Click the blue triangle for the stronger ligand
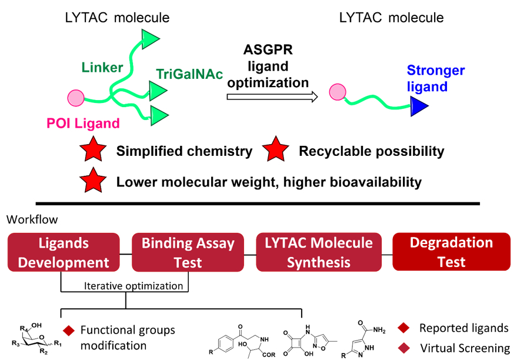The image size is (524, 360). tap(418, 108)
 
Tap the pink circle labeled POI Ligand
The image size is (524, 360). tap(77, 97)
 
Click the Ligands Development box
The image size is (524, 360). tap(64, 252)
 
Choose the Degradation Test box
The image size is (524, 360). tap(451, 252)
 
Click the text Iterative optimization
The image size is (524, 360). tap(125, 286)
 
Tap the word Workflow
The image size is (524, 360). tap(32, 219)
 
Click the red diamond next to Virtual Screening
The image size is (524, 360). tap(403, 348)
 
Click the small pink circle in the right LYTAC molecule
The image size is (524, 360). tap(336, 92)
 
